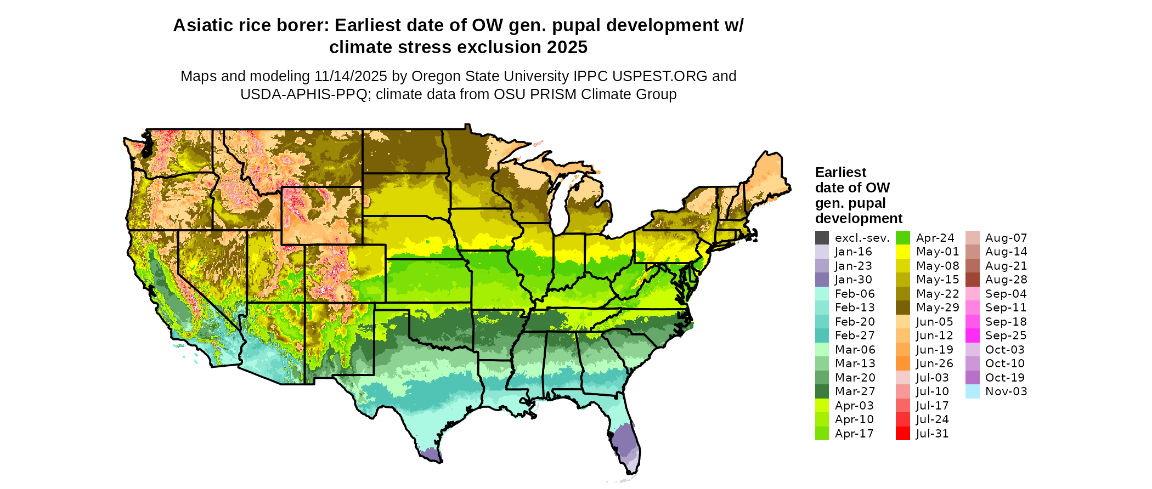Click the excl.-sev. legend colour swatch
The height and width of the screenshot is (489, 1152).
[822, 238]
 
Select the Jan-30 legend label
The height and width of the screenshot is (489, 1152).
[853, 280]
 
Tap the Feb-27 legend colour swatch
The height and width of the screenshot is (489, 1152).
[822, 336]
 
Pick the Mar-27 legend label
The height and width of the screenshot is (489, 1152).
[855, 391]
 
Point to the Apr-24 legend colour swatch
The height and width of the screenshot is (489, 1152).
[902, 238]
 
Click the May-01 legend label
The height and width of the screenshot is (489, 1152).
[937, 252]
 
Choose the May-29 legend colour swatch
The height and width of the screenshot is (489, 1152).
[902, 308]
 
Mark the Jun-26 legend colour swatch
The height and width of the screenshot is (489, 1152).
[902, 363]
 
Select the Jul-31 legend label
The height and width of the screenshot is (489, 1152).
[932, 434]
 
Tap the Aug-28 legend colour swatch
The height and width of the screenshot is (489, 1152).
[972, 280]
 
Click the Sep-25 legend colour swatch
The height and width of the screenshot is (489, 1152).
[972, 336]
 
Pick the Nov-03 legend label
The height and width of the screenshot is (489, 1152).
[1006, 391]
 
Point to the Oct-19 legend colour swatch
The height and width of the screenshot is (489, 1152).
[972, 378]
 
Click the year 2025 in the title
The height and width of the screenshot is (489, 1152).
[566, 48]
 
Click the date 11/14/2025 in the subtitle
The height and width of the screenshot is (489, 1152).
[351, 76]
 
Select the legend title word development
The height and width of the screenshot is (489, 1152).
[859, 219]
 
